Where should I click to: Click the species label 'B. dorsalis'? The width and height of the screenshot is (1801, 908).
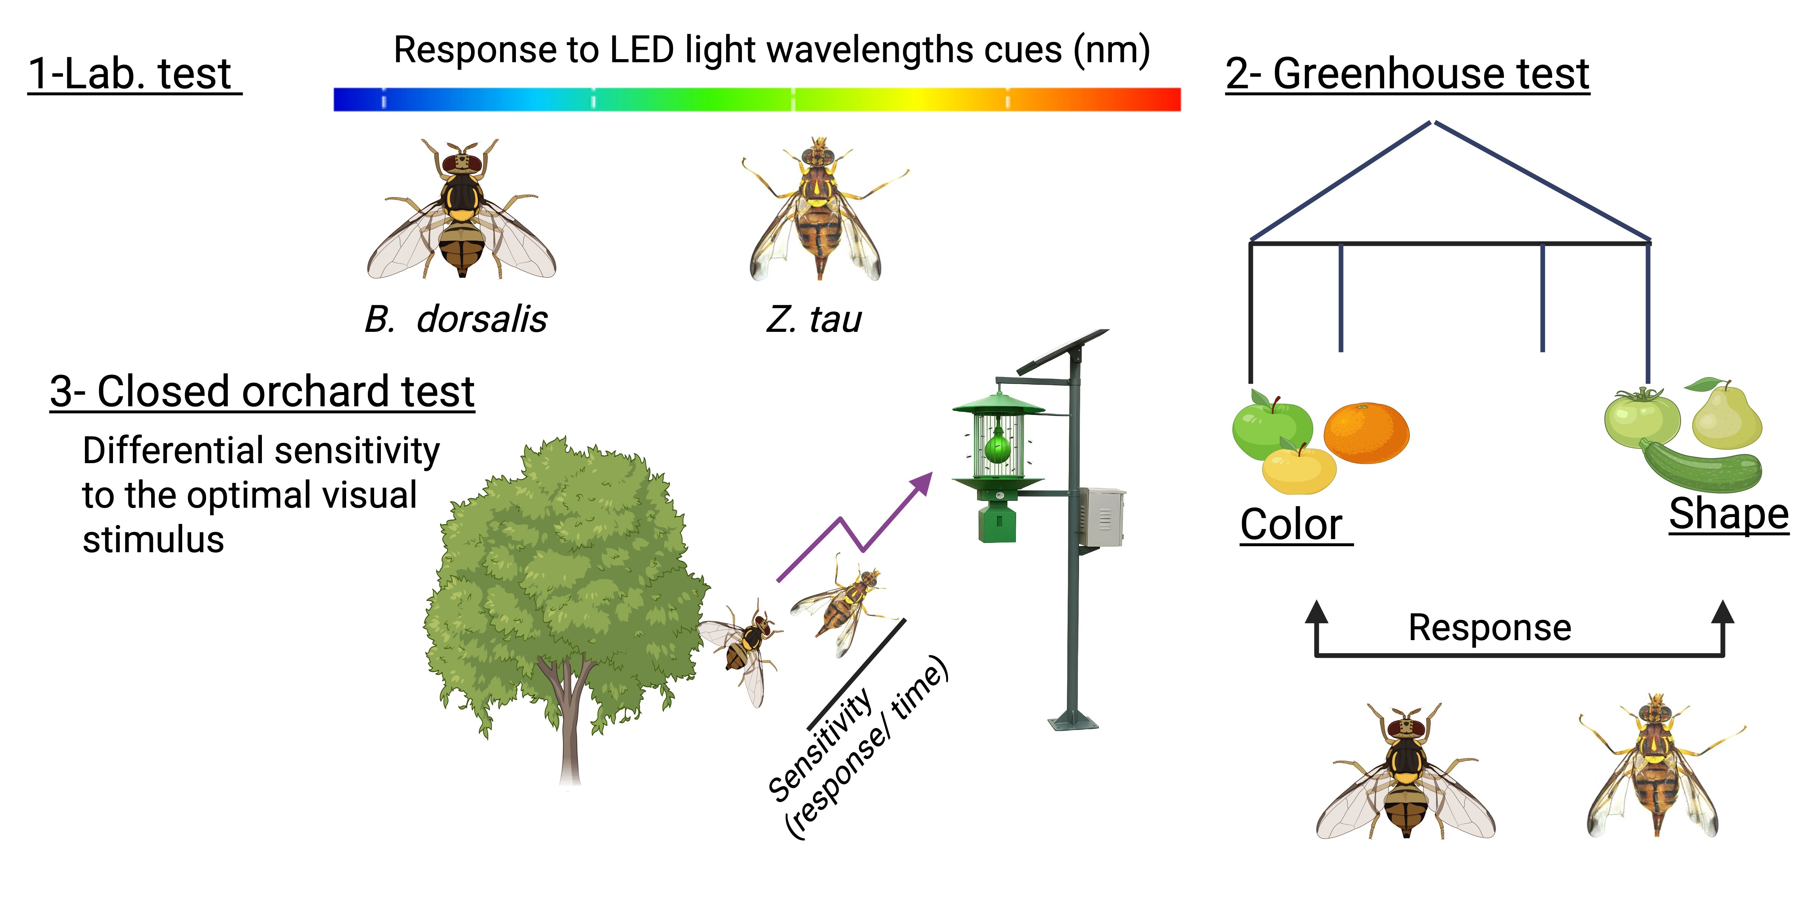coord(456,320)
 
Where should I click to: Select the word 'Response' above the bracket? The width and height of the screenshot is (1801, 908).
coord(1490,628)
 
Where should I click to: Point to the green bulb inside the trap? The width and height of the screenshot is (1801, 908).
coord(998,447)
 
